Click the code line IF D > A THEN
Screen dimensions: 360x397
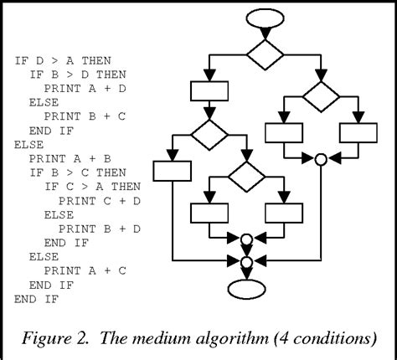63,60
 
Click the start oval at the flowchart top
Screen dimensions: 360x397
265,18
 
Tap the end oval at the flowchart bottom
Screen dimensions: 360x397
246,287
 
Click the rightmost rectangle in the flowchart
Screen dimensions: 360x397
357,133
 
